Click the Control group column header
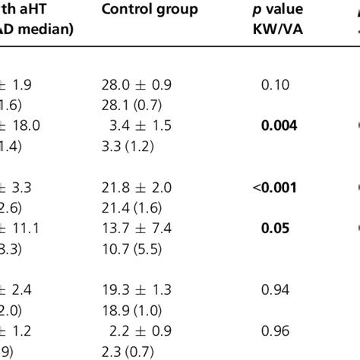coord(150,10)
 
